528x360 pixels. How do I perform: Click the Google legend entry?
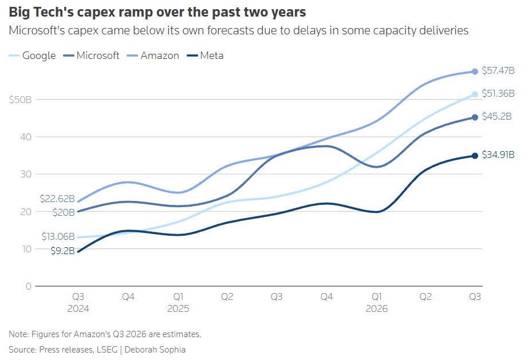(32, 56)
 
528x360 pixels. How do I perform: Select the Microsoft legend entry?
(91, 56)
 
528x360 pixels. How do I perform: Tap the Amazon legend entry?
(153, 56)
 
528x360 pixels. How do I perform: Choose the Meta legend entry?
(205, 56)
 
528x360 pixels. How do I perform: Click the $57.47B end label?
(498, 70)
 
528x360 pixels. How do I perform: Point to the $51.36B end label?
(498, 93)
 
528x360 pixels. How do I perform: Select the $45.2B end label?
(497, 116)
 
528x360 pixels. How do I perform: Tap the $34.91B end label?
(498, 155)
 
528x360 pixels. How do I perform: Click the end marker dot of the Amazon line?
(475, 72)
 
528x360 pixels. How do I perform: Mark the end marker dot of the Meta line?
(475, 156)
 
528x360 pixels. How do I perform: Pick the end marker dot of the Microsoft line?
(475, 117)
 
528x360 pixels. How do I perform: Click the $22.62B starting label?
(57, 199)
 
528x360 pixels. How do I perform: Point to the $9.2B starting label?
(62, 251)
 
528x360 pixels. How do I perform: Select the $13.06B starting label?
(58, 236)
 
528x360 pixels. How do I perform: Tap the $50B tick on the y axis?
(20, 100)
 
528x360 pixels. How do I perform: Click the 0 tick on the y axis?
(29, 286)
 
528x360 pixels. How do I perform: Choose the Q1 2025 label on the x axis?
(178, 302)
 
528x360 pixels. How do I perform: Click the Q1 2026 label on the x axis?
(376, 302)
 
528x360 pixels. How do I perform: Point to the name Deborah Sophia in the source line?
(155, 350)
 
